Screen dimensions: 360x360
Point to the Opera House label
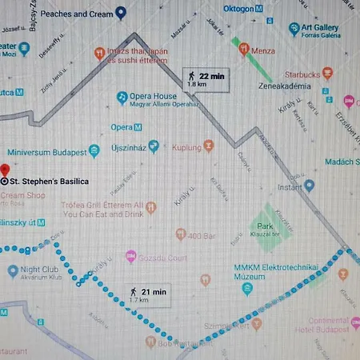pyautogui.click(x=154, y=96)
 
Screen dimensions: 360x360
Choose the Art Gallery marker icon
pyautogui.click(x=294, y=29)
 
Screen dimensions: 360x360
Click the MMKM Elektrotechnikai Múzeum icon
pyautogui.click(x=247, y=288)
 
